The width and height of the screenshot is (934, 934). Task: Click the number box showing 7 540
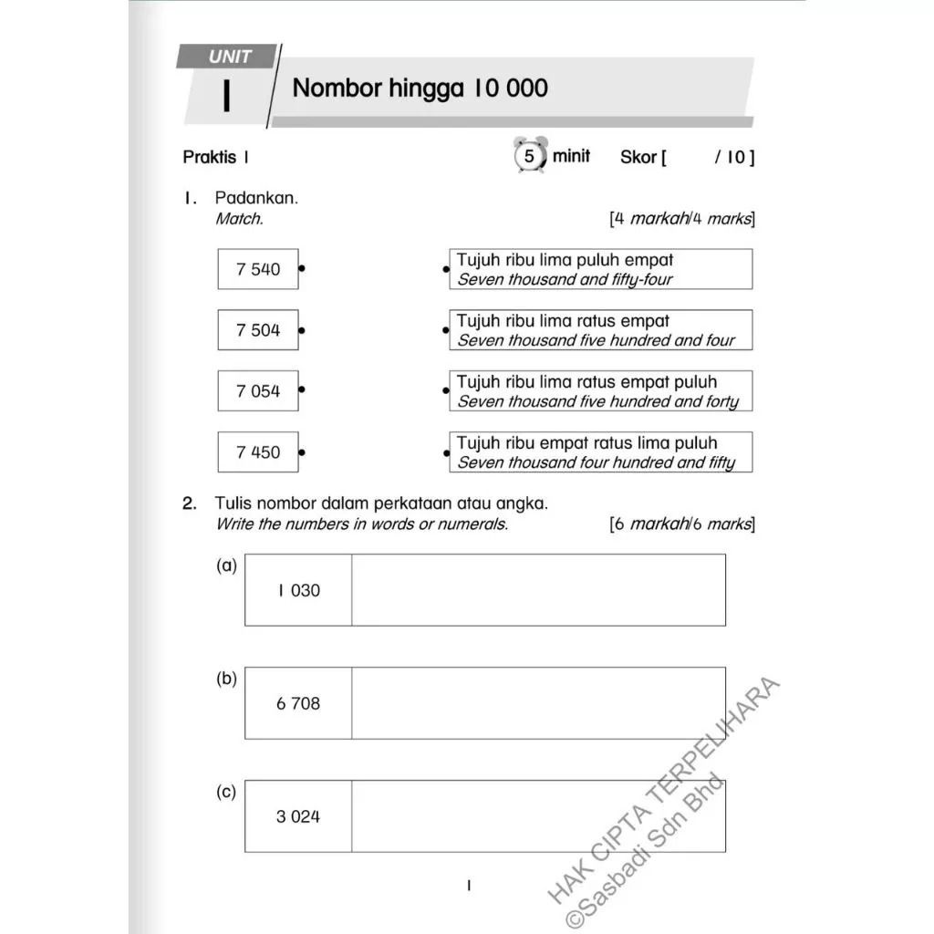[258, 269]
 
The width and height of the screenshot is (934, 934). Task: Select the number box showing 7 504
[258, 330]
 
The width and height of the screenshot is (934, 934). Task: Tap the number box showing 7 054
[258, 391]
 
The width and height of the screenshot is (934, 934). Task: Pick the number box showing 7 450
[258, 452]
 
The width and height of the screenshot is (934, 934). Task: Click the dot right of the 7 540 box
[302, 269]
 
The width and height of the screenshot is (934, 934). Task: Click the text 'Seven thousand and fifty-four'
[565, 280]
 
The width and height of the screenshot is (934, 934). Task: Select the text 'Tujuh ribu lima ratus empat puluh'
[586, 382]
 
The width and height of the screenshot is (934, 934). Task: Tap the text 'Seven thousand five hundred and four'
[596, 341]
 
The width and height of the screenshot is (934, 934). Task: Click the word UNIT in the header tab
[229, 57]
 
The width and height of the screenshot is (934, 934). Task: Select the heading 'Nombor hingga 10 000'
[420, 88]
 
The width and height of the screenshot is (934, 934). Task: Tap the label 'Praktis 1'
[216, 157]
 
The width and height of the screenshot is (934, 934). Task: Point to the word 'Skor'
[638, 158]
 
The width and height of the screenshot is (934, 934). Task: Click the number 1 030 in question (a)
[298, 590]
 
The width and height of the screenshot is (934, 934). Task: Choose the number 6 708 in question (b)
[298, 703]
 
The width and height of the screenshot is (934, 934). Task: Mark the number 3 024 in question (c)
[298, 816]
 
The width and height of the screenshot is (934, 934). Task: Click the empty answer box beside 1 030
[538, 590]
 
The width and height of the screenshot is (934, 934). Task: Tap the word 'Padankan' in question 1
[256, 198]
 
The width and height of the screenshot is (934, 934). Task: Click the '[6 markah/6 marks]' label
[681, 524]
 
